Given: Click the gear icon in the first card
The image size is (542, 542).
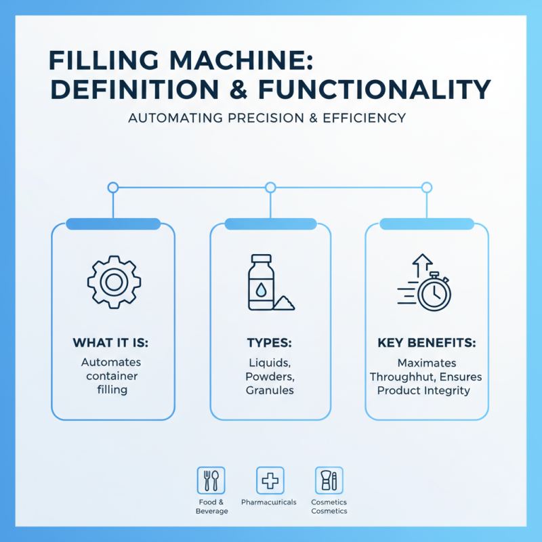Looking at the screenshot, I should [x=112, y=283].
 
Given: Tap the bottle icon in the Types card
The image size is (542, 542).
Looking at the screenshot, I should [x=262, y=283].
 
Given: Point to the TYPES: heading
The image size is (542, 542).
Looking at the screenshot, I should [x=270, y=343].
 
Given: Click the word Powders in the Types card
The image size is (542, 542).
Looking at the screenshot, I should [x=270, y=377].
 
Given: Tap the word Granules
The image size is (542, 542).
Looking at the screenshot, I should [x=270, y=392].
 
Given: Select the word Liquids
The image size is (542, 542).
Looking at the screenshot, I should [x=270, y=362].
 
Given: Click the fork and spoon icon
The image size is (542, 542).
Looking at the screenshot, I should [x=210, y=480].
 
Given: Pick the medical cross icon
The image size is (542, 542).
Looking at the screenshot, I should [x=270, y=480].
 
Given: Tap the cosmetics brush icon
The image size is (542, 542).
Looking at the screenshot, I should [x=329, y=480].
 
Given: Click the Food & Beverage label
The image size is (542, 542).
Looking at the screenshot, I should [x=210, y=506].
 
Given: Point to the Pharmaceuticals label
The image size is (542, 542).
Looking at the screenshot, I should [x=270, y=502].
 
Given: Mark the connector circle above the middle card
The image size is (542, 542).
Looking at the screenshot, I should [x=270, y=187].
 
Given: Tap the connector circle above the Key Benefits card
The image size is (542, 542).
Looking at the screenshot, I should [x=426, y=187].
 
